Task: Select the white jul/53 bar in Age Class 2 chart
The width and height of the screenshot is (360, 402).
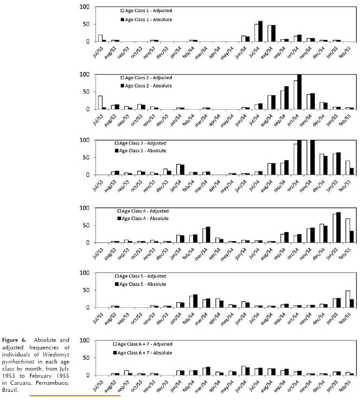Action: pos(100,103)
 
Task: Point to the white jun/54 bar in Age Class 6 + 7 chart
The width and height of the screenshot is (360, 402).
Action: pos(243,371)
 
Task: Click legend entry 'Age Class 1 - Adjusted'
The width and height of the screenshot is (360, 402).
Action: pos(146,10)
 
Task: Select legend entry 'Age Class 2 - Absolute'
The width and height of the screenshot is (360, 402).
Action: pos(146,85)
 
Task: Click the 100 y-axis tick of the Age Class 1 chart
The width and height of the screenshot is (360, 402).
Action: pos(84,7)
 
